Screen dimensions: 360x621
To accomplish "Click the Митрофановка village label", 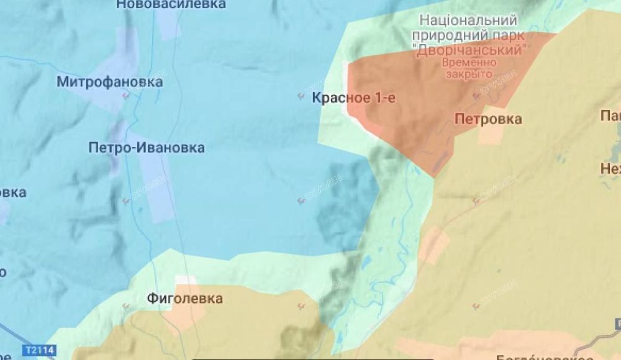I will coord(110,82).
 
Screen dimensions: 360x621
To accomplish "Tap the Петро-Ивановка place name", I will coord(147,148).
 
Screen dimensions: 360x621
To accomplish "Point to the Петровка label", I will coord(488,119).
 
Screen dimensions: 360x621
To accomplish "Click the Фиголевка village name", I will coord(185,299).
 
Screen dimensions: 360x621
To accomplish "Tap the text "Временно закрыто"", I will coord(469,68).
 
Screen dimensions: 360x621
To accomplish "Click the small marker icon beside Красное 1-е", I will coord(301,96).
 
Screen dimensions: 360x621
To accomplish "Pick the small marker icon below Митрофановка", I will coord(127,95).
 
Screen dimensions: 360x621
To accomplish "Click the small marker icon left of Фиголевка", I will coord(127,305).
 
